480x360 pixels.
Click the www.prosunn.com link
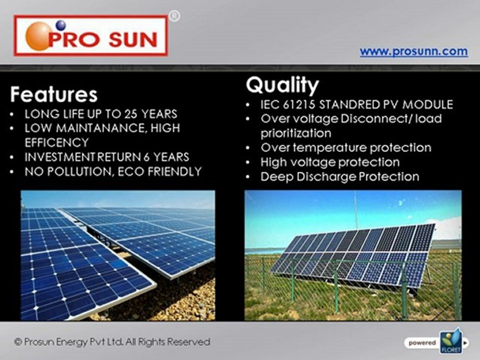coord(413,51)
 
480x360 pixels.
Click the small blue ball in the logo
coord(60,25)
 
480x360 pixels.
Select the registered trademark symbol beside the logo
coord(174,16)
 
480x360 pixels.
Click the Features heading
coord(54,94)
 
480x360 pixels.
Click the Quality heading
coord(282,85)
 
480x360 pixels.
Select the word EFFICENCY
coord(56,142)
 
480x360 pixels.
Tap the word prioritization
coord(295,133)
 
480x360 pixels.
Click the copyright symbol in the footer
coord(18,341)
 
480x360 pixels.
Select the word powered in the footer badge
coord(422,343)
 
